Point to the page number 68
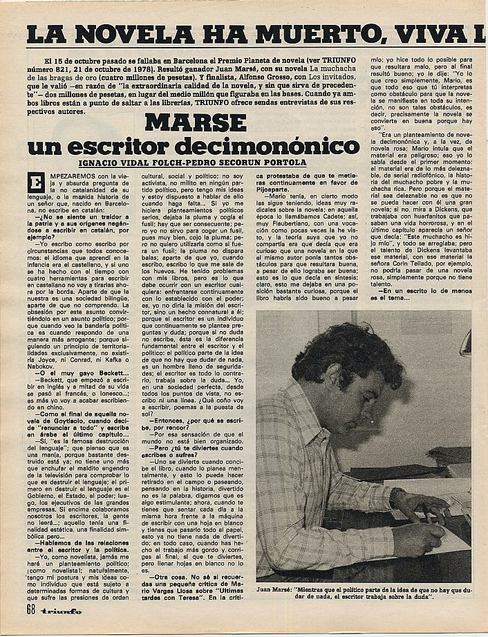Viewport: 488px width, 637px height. tap(30, 609)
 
